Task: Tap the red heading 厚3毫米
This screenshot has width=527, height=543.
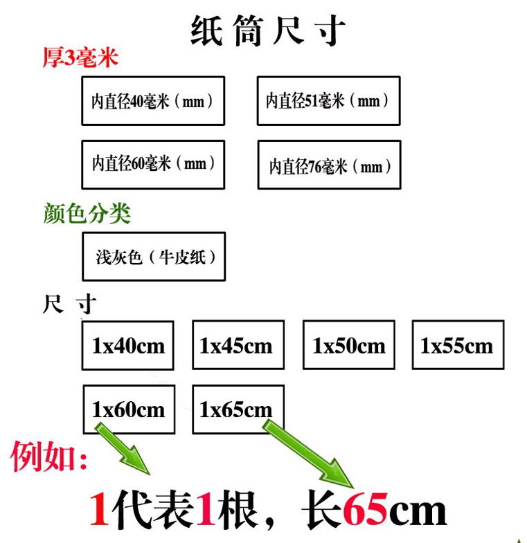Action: click(x=80, y=57)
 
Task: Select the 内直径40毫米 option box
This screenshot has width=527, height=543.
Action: click(x=153, y=101)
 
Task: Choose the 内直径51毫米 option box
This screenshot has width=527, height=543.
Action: click(x=328, y=101)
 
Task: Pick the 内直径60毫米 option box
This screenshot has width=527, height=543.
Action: click(x=153, y=164)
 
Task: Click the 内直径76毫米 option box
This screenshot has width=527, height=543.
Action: click(x=329, y=165)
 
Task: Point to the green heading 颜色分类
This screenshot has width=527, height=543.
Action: click(x=87, y=214)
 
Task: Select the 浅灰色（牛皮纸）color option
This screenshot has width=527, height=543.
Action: click(x=154, y=257)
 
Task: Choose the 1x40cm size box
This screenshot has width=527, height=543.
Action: click(x=128, y=345)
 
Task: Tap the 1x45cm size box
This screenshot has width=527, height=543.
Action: click(x=238, y=345)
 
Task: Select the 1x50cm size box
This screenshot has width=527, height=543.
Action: click(x=348, y=345)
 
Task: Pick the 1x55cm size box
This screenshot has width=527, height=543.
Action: click(x=458, y=345)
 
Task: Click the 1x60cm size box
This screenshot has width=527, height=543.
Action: click(x=128, y=409)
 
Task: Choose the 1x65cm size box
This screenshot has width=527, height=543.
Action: click(x=238, y=409)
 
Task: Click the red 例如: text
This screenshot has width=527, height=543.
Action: click(x=48, y=457)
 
